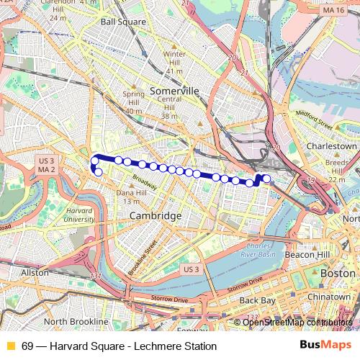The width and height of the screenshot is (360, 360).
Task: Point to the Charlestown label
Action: click(332, 145)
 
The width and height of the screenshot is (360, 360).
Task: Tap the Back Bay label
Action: click(257, 300)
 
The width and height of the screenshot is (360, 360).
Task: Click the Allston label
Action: click(35, 273)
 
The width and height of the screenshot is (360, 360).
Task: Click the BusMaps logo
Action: click(325, 346)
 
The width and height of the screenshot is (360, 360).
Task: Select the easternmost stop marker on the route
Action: click(266, 179)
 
